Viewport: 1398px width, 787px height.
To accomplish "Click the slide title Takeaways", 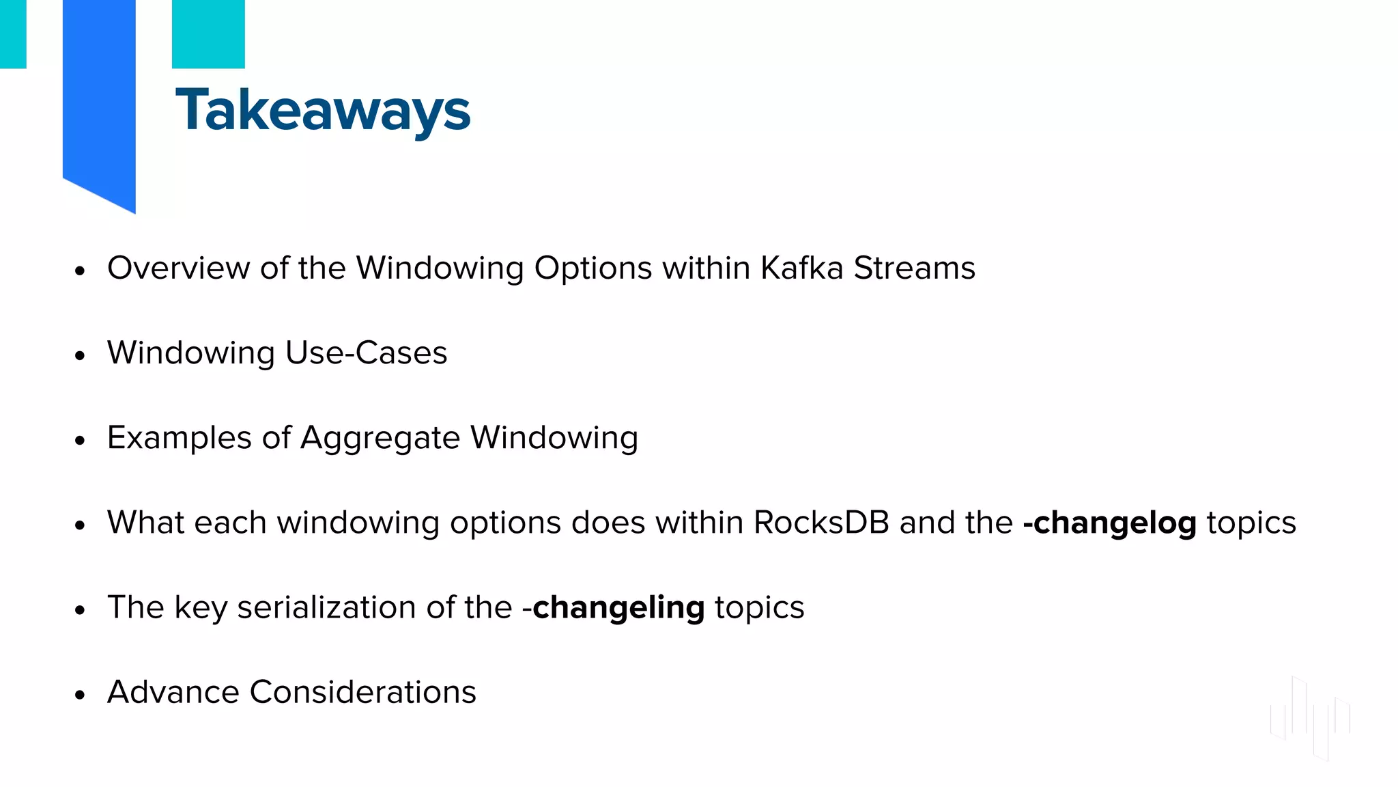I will click(x=322, y=111).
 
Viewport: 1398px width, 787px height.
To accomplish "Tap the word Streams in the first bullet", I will click(x=914, y=268).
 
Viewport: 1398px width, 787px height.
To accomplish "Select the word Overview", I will click(x=178, y=268).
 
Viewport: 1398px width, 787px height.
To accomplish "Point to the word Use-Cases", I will click(x=366, y=353).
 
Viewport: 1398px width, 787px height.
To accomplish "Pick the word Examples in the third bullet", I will click(x=179, y=438).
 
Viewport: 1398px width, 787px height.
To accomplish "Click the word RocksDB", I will click(x=821, y=523).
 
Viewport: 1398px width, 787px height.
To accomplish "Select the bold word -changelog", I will click(x=1109, y=523).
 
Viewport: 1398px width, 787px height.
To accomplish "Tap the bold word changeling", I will click(x=618, y=608).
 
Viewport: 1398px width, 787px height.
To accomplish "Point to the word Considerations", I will click(x=362, y=692).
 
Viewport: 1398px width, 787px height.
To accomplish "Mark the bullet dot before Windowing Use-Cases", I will click(x=81, y=356).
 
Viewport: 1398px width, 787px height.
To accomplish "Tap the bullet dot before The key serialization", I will click(x=81, y=610).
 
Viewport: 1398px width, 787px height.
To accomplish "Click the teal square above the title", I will click(x=208, y=33).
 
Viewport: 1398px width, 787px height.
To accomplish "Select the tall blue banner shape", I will click(x=99, y=96).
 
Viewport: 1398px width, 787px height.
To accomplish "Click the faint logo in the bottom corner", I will click(x=1309, y=717).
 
